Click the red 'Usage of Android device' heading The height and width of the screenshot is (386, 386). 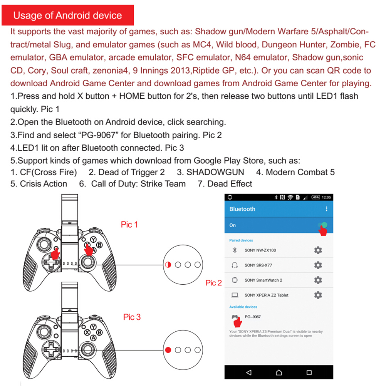click(67, 15)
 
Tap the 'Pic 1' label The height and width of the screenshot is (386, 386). click(129, 225)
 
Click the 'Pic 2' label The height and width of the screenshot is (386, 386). click(213, 283)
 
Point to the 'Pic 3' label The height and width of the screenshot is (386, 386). click(132, 317)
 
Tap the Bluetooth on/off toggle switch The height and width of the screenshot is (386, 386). click(323, 225)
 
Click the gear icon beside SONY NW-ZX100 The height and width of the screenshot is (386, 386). click(318, 250)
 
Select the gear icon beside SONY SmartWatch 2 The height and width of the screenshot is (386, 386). click(318, 280)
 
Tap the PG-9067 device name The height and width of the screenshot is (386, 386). click(253, 317)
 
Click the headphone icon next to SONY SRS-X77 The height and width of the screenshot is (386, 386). click(234, 265)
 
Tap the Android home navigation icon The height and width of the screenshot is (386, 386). click(279, 373)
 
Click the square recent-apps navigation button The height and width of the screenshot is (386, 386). click(309, 373)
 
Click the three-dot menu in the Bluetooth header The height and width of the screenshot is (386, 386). click(327, 209)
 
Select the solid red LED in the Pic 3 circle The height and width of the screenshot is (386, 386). click(168, 350)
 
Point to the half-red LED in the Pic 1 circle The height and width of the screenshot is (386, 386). click(168, 265)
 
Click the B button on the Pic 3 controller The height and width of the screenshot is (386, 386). click(99, 332)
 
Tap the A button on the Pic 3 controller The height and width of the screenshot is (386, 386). click(93, 338)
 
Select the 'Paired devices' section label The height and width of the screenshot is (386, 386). click(241, 240)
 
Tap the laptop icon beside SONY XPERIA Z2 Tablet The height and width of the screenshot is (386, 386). click(234, 295)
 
